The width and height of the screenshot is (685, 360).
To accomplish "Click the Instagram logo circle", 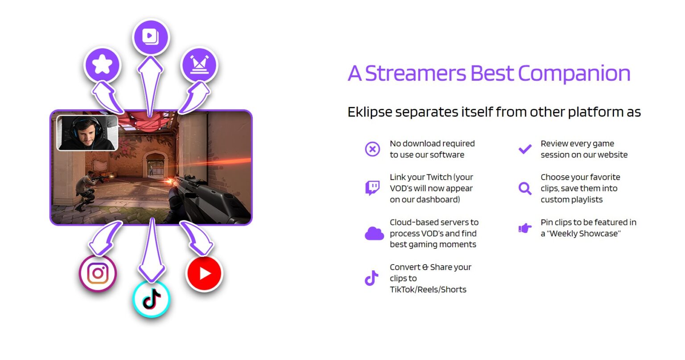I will (98, 273).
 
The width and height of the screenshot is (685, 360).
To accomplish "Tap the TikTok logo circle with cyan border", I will (152, 299).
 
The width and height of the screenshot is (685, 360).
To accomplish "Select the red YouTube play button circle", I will (205, 273).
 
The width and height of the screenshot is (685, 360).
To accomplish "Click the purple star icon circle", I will (102, 65).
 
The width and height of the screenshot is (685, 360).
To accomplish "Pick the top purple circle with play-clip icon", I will (151, 37).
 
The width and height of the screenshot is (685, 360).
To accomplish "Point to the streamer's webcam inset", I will (87, 133).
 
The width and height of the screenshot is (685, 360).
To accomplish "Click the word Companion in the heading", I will (574, 74).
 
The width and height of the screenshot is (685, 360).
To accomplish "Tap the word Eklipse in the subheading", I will (370, 112).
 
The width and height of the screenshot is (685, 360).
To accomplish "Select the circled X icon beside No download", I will (372, 149).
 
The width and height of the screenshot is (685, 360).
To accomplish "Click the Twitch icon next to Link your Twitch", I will (372, 188).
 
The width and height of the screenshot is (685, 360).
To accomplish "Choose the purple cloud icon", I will (374, 233).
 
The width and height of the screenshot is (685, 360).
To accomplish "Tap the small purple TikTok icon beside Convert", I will (371, 278).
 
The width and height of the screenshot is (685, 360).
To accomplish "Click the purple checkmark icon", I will (525, 149).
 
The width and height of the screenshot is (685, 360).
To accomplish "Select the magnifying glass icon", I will (525, 188).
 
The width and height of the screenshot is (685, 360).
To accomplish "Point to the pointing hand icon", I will (525, 228).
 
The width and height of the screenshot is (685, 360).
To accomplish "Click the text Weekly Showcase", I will (584, 234).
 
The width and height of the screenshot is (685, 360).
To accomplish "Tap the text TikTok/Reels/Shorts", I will (428, 290).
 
